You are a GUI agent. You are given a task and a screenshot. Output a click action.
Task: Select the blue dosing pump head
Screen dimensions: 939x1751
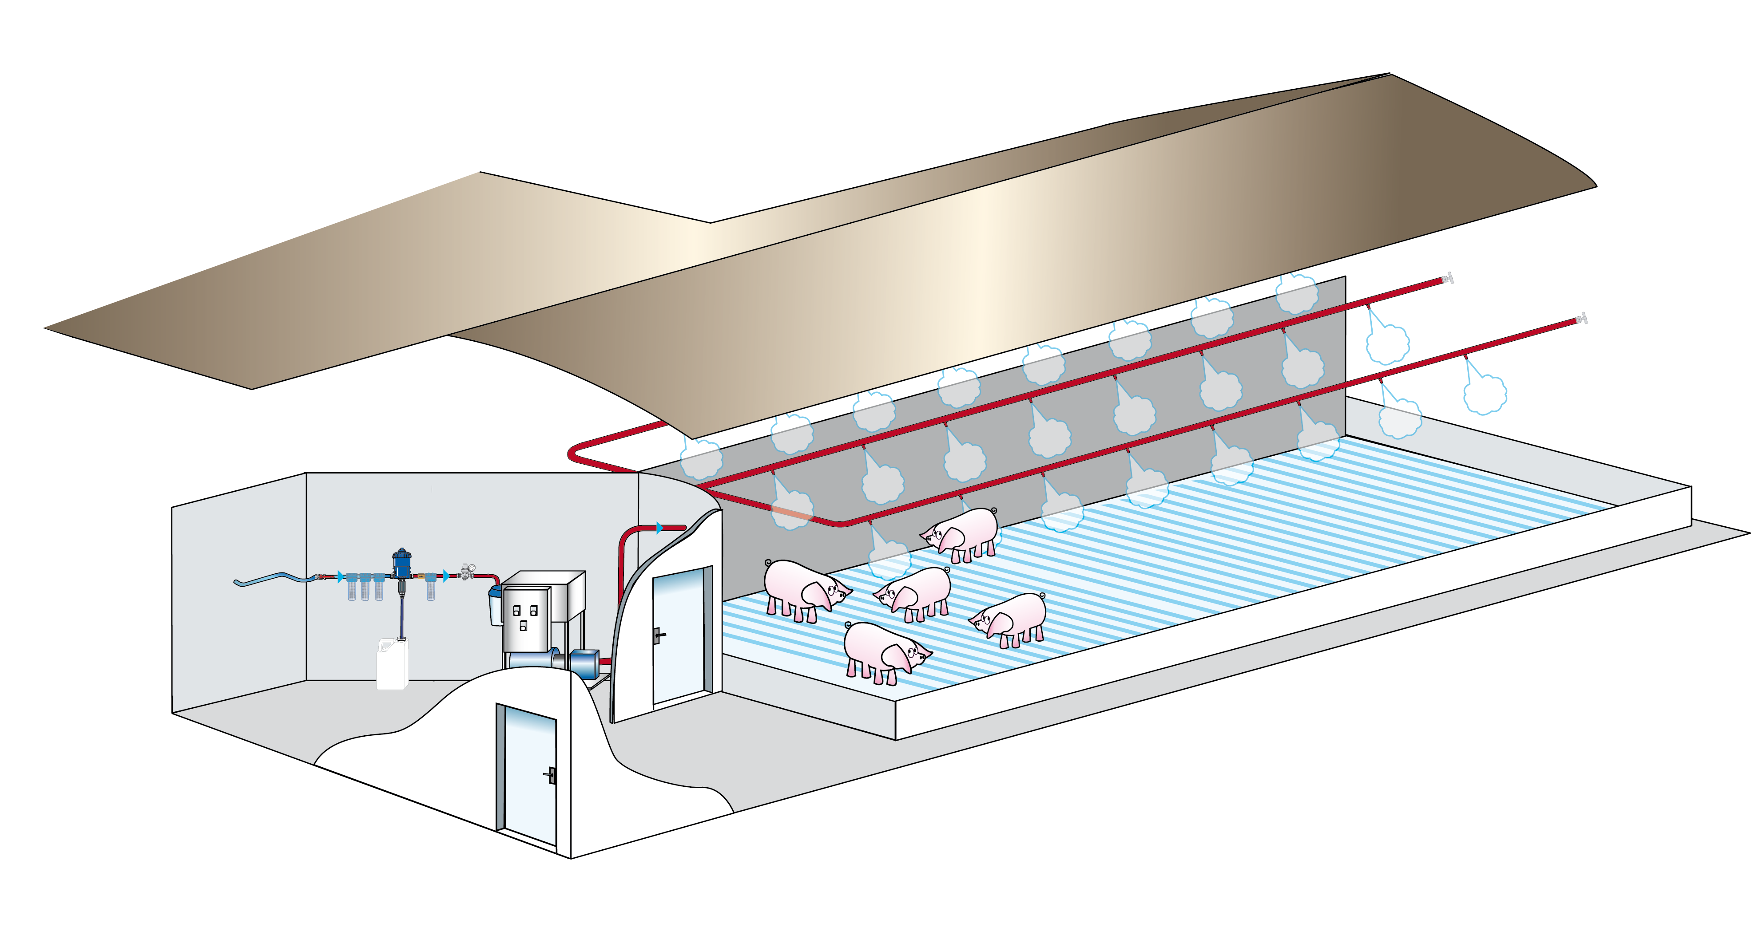point(402,561)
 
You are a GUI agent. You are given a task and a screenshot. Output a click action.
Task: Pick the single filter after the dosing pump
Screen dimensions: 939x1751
point(430,587)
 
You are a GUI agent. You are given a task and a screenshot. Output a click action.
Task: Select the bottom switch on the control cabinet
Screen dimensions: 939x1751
point(523,626)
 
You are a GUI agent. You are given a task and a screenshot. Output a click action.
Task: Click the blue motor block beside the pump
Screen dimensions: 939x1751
point(584,663)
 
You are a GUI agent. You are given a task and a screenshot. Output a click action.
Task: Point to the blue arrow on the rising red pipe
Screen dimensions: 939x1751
point(659,528)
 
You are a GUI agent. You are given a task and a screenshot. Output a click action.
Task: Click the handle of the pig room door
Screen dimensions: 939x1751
point(657,635)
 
